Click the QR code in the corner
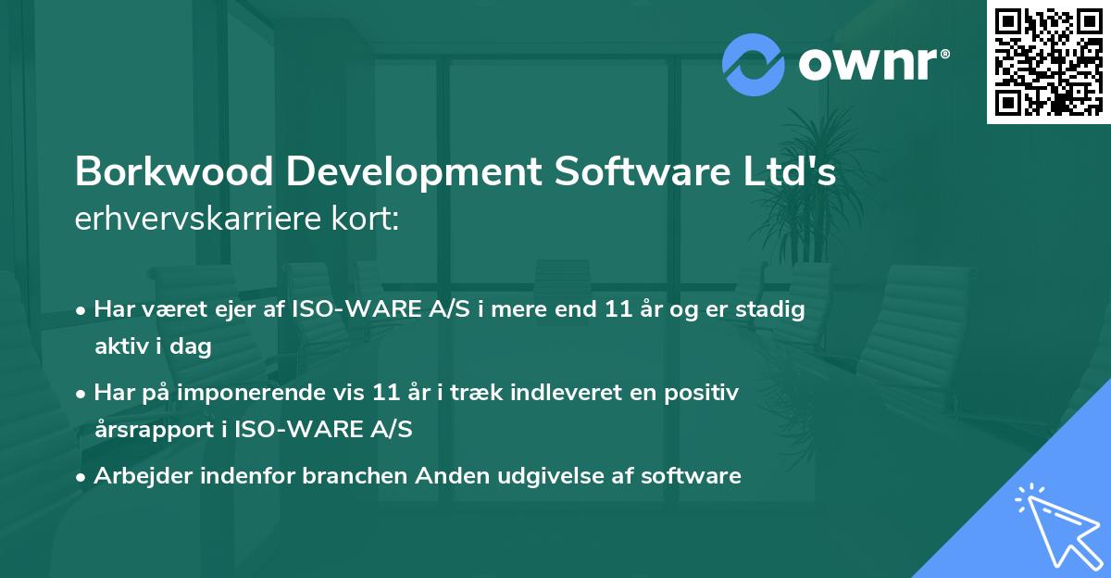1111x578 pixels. click(1048, 62)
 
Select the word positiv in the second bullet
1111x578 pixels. click(706, 393)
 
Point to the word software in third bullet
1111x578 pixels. click(698, 476)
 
